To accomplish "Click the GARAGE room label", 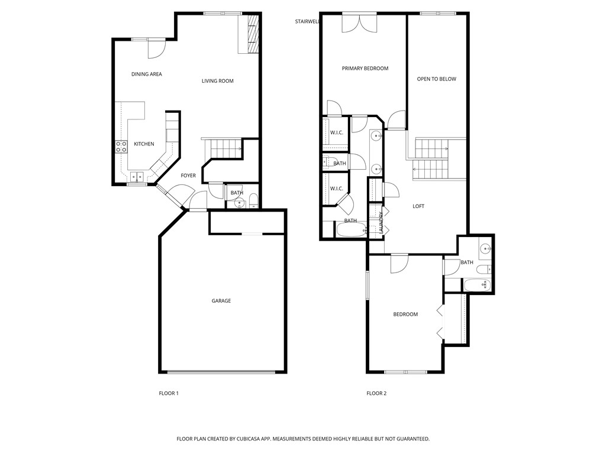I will pyautogui.click(x=221, y=301).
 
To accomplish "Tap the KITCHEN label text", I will pyautogui.click(x=144, y=144).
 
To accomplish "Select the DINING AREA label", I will pyautogui.click(x=147, y=74).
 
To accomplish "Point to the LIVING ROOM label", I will pyautogui.click(x=218, y=81).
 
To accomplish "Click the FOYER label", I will pyautogui.click(x=188, y=176).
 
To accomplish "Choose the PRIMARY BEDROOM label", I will pyautogui.click(x=365, y=69).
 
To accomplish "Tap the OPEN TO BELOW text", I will pyautogui.click(x=437, y=79).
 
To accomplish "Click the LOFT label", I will pyautogui.click(x=418, y=206).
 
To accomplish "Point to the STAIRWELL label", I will pyautogui.click(x=307, y=22).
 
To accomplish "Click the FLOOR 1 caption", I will pyautogui.click(x=169, y=394).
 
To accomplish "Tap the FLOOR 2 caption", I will pyautogui.click(x=376, y=394).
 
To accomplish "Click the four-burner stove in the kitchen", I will pyautogui.click(x=121, y=147).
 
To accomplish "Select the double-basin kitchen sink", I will pyautogui.click(x=137, y=176).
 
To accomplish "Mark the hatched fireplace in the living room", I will pyautogui.click(x=253, y=35).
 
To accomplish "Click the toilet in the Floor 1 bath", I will pyautogui.click(x=253, y=200).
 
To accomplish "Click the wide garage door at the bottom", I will pyautogui.click(x=221, y=372).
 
